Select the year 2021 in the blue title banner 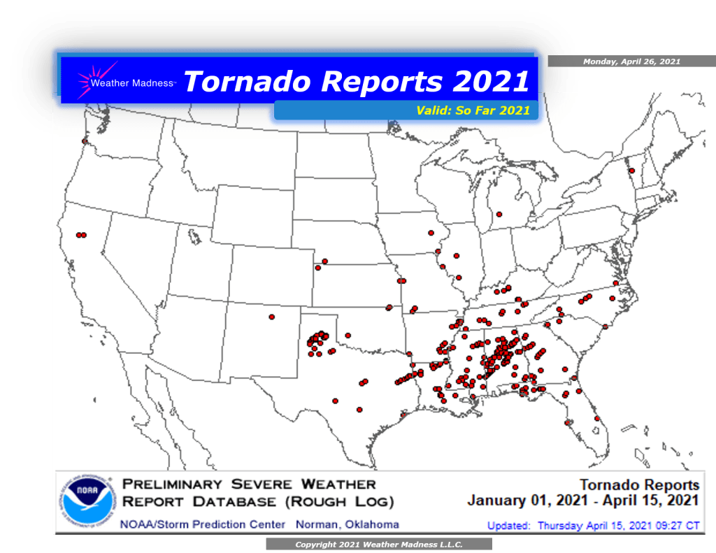[490, 81]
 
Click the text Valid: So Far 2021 [473, 110]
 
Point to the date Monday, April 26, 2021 [631, 62]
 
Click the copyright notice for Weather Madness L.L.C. [378, 544]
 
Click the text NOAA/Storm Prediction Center [203, 524]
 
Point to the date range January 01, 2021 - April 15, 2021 [583, 501]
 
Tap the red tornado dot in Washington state [85, 141]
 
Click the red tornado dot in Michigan [499, 214]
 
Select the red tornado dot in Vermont [631, 171]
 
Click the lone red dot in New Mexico [271, 317]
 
